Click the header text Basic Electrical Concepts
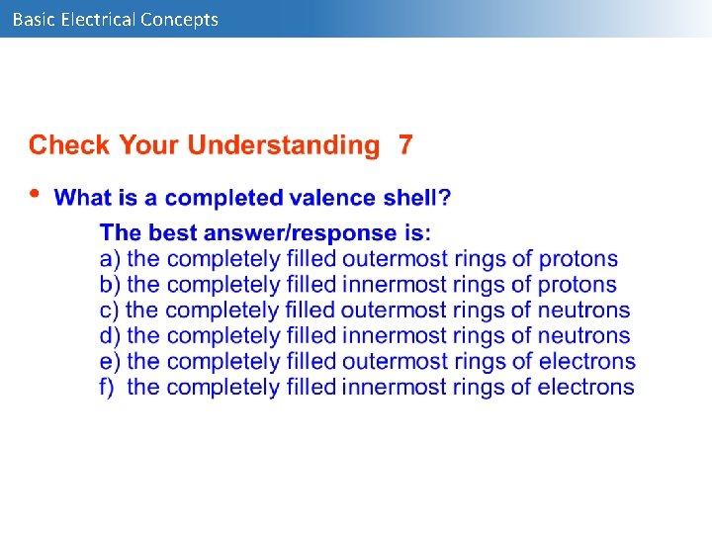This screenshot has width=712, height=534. [x=115, y=19]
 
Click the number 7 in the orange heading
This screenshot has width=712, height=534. [x=405, y=145]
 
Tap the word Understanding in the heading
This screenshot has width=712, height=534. [x=283, y=145]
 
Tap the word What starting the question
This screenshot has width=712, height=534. [x=83, y=198]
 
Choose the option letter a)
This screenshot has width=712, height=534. [x=110, y=259]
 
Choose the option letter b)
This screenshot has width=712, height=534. [x=110, y=285]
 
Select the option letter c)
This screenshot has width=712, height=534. [x=109, y=311]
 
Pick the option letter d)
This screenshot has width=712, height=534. [x=110, y=336]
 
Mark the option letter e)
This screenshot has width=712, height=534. [x=110, y=361]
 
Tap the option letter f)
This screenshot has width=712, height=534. [x=108, y=387]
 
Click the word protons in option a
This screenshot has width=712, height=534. [x=578, y=259]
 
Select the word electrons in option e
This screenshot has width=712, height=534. [x=589, y=361]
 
